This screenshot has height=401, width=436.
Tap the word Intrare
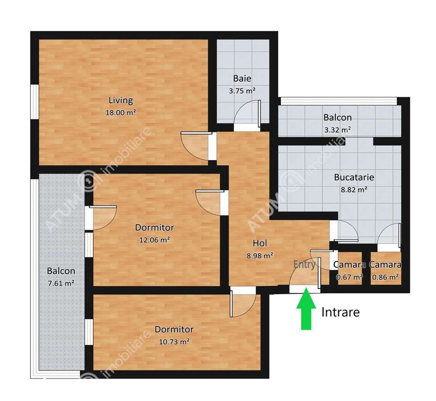[340, 312]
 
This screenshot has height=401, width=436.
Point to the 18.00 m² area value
[120, 113]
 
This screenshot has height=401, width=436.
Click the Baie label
[242, 78]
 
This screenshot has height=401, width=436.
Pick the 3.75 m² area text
[242, 91]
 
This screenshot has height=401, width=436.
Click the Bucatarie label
[354, 177]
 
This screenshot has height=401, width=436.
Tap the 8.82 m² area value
[354, 190]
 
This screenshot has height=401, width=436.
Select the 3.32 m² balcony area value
[338, 130]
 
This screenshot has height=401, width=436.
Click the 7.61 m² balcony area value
[61, 283]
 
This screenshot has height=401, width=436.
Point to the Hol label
[260, 242]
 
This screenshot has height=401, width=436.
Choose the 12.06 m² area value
[154, 240]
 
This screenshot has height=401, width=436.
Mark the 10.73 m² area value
[174, 342]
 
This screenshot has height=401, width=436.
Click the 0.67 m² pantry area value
[349, 277]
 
